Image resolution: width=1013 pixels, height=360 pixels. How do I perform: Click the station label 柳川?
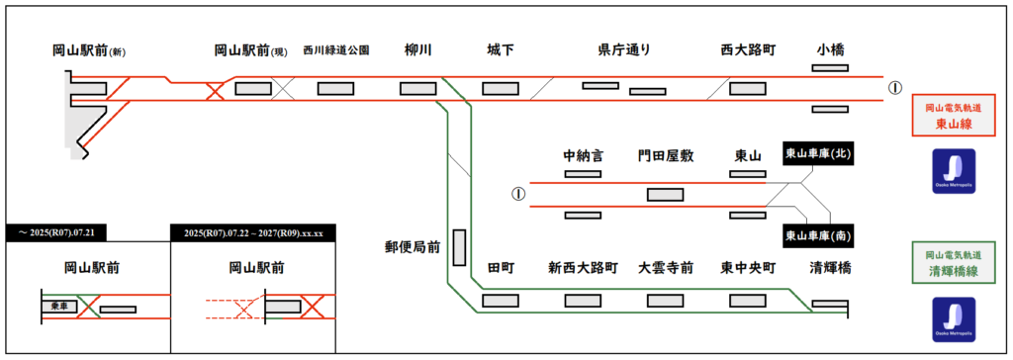point(418,50)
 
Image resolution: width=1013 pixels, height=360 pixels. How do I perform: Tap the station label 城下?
point(501,50)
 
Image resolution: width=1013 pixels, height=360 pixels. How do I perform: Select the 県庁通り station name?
point(624,50)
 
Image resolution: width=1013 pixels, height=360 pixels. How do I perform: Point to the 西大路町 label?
point(748,50)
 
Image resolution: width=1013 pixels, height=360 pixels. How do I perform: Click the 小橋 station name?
point(830,50)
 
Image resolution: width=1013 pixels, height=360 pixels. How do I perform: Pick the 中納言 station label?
point(583,156)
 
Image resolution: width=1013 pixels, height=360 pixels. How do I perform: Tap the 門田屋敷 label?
point(666,156)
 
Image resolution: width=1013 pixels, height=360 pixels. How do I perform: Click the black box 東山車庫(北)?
point(817,154)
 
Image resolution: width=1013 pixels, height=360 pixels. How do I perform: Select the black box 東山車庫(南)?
point(817,236)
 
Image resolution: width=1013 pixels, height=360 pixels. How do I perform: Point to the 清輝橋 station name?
point(830,268)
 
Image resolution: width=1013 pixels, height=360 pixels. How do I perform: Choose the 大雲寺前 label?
point(666,268)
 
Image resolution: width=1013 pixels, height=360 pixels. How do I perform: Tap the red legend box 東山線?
point(953,116)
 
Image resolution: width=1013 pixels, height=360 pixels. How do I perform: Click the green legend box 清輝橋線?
point(953,264)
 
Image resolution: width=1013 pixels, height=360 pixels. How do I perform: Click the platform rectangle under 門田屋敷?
point(666,195)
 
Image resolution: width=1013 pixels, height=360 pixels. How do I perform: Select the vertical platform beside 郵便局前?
point(459,247)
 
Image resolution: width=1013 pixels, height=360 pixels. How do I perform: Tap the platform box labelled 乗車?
point(59,306)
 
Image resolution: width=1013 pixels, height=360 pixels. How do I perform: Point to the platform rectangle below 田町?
point(501,301)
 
